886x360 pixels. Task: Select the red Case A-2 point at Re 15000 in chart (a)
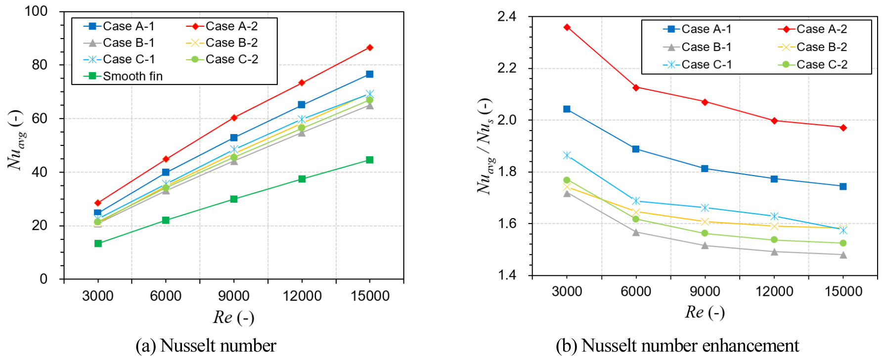click(369, 47)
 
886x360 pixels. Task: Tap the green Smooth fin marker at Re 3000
click(98, 243)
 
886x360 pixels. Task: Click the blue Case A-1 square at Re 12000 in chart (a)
click(302, 105)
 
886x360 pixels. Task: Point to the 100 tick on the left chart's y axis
click(36, 11)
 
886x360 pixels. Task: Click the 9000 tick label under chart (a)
click(233, 296)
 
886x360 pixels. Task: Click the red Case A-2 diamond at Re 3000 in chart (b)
click(567, 27)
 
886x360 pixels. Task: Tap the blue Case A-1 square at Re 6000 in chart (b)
click(636, 149)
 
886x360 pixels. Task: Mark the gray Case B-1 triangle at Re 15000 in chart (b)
click(843, 255)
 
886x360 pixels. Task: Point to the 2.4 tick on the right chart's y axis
click(507, 17)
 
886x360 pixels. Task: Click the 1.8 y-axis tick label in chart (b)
click(507, 172)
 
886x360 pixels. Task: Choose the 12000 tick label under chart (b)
click(774, 291)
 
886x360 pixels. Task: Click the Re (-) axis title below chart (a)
click(233, 317)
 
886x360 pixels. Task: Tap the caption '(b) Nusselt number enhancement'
click(677, 346)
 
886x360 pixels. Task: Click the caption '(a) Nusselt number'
click(206, 346)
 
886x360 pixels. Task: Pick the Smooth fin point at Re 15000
click(369, 160)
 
